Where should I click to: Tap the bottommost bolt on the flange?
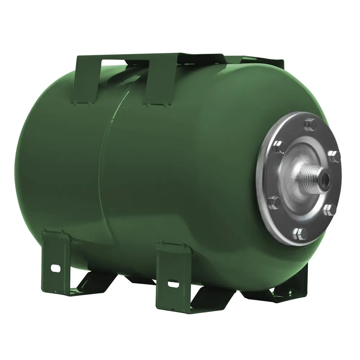pos(302,233)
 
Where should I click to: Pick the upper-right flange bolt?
pos(334,156)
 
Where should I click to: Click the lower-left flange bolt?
pos(275,203)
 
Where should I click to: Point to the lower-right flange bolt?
pos(330,210)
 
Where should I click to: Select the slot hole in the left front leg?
pos(55,268)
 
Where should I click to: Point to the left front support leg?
pos(56,259)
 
